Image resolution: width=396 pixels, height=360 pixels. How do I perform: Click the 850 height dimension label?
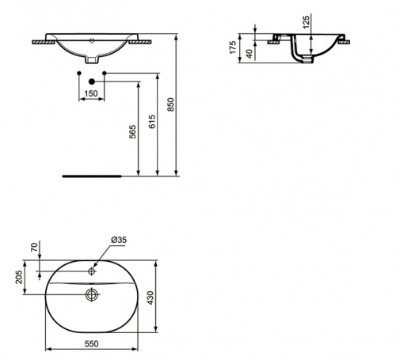click(x=171, y=104)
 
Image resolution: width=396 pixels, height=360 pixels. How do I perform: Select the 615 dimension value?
click(x=152, y=121)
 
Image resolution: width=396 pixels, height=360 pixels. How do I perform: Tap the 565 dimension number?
click(x=133, y=131)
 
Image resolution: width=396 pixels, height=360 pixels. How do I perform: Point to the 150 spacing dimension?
click(x=91, y=93)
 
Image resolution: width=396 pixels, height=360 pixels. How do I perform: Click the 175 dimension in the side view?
click(x=233, y=47)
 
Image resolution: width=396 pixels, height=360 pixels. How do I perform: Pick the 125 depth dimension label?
click(x=306, y=22)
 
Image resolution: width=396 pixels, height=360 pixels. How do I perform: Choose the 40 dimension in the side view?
click(x=249, y=54)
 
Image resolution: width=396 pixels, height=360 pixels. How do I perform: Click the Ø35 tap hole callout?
click(x=119, y=240)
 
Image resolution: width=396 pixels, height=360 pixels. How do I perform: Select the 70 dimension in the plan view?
click(x=35, y=248)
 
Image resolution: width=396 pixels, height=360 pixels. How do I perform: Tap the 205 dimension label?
click(x=19, y=277)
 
